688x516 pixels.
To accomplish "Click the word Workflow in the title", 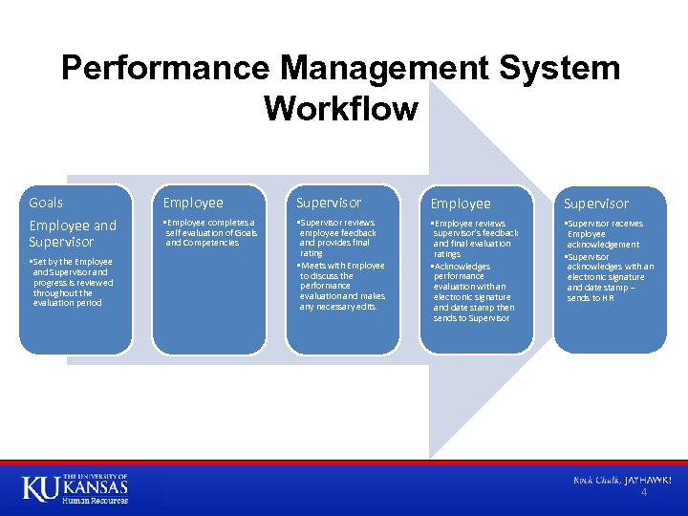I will click(341, 109).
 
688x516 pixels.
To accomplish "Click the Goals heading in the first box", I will click(46, 203).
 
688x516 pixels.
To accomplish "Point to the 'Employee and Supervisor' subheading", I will click(73, 234).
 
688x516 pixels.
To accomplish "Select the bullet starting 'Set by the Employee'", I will click(71, 282).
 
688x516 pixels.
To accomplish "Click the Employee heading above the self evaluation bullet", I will click(193, 203).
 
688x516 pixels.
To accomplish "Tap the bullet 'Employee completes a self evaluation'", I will click(210, 232).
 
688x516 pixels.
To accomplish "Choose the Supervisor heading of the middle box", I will click(329, 203).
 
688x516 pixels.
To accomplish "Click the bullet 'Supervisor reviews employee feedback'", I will click(338, 238).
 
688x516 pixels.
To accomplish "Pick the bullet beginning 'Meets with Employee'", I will click(341, 286).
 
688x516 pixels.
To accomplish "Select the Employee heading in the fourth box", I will click(461, 204).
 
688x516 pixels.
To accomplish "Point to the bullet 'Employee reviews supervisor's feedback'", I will click(475, 239).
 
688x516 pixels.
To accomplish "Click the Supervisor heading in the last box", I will click(596, 204).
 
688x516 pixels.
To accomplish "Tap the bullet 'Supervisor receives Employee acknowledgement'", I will click(606, 234).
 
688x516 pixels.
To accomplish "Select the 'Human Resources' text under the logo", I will click(95, 500).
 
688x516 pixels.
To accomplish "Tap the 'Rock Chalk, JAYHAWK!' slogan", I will click(622, 480).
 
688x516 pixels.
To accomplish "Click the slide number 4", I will click(643, 493).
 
